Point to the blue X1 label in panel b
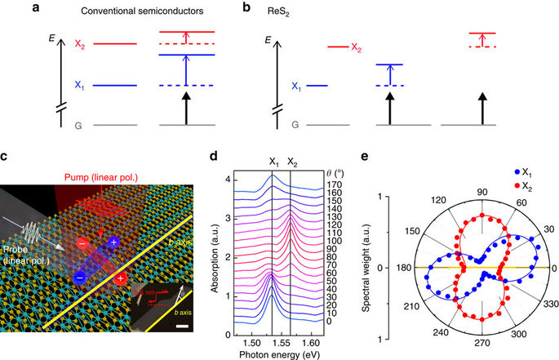pyautogui.click(x=298, y=85)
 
